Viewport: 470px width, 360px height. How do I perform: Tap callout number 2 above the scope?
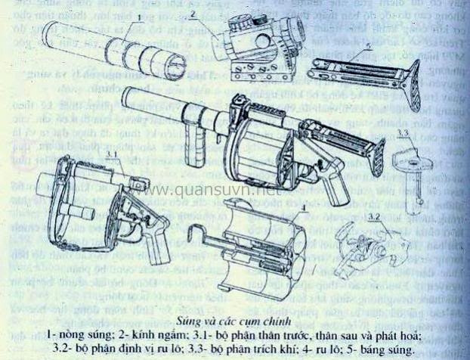193,14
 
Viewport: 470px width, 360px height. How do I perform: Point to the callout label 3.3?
403,135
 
